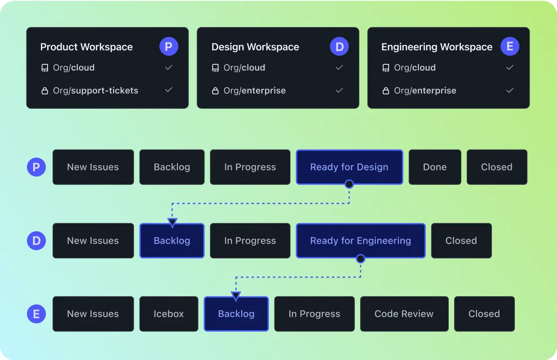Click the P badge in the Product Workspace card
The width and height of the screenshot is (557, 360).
point(169,47)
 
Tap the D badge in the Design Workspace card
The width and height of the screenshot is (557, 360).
point(339,47)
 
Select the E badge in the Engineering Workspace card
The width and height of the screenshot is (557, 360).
point(510,47)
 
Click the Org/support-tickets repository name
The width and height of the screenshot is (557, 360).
point(95,91)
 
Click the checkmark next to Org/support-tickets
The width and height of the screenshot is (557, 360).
point(169,90)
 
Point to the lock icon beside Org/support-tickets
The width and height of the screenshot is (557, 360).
point(44,91)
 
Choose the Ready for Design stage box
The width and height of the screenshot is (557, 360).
point(349,167)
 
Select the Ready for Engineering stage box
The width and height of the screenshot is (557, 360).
point(360,241)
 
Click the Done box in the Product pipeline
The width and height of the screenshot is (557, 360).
point(435,167)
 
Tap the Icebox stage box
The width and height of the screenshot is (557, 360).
point(168,314)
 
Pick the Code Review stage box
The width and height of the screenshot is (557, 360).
point(404,314)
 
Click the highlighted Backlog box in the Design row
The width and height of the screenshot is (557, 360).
point(172,241)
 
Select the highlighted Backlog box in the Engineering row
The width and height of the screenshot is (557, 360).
point(236,314)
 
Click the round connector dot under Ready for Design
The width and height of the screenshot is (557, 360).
point(349,184)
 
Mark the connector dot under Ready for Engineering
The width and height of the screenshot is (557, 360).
point(360,258)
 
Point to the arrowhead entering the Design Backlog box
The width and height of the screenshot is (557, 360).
point(172,222)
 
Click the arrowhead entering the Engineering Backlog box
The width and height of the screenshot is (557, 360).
point(236,295)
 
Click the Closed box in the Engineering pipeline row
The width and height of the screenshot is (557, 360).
point(484,314)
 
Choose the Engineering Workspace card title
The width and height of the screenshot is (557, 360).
point(437,47)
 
